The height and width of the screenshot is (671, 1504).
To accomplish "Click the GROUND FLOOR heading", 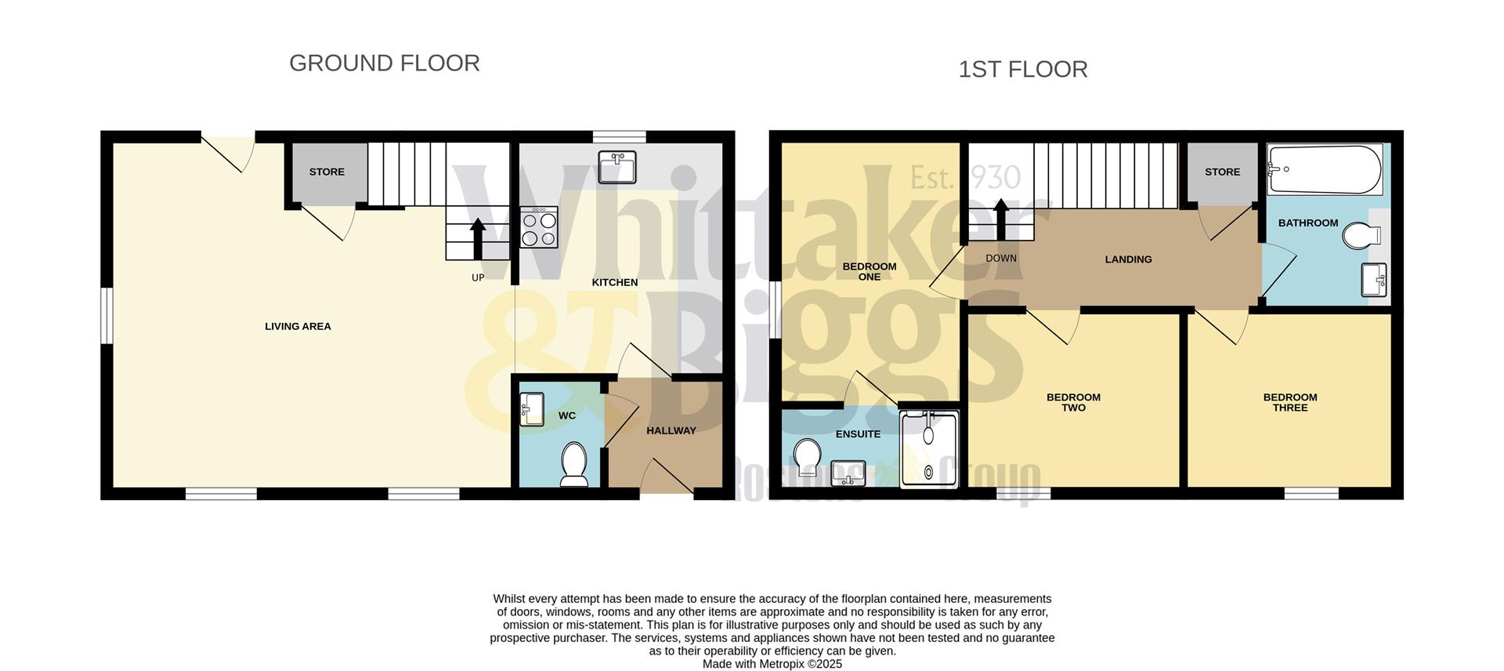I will click(x=384, y=63).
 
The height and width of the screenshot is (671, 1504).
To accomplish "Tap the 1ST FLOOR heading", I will click(x=1022, y=70).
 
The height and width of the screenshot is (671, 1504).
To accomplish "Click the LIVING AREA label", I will click(x=298, y=327).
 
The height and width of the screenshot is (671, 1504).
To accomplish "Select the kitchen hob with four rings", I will click(x=539, y=227).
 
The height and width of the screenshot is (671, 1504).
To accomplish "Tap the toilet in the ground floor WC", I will click(x=574, y=463).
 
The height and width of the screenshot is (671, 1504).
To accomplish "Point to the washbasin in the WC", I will click(x=532, y=409).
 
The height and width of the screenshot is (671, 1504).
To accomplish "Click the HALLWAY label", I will click(x=671, y=430).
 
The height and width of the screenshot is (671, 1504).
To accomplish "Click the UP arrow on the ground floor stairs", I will click(x=477, y=236).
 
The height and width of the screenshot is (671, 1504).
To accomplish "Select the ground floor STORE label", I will click(x=327, y=172).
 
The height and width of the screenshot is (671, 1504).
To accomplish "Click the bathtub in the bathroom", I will click(x=1324, y=169).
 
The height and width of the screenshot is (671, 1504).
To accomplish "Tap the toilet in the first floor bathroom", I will click(x=1361, y=235).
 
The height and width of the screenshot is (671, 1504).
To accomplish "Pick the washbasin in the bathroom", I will click(x=1374, y=280).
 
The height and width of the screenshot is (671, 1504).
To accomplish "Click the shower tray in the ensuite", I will click(x=928, y=450).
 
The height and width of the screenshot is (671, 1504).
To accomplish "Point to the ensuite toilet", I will click(x=807, y=457).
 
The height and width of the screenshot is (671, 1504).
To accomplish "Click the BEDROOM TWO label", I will click(x=1073, y=402).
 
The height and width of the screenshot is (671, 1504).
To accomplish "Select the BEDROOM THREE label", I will click(x=1289, y=402).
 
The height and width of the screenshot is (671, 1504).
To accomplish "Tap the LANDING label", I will click(x=1128, y=259).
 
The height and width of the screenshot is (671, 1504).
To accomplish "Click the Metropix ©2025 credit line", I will click(x=772, y=664).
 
